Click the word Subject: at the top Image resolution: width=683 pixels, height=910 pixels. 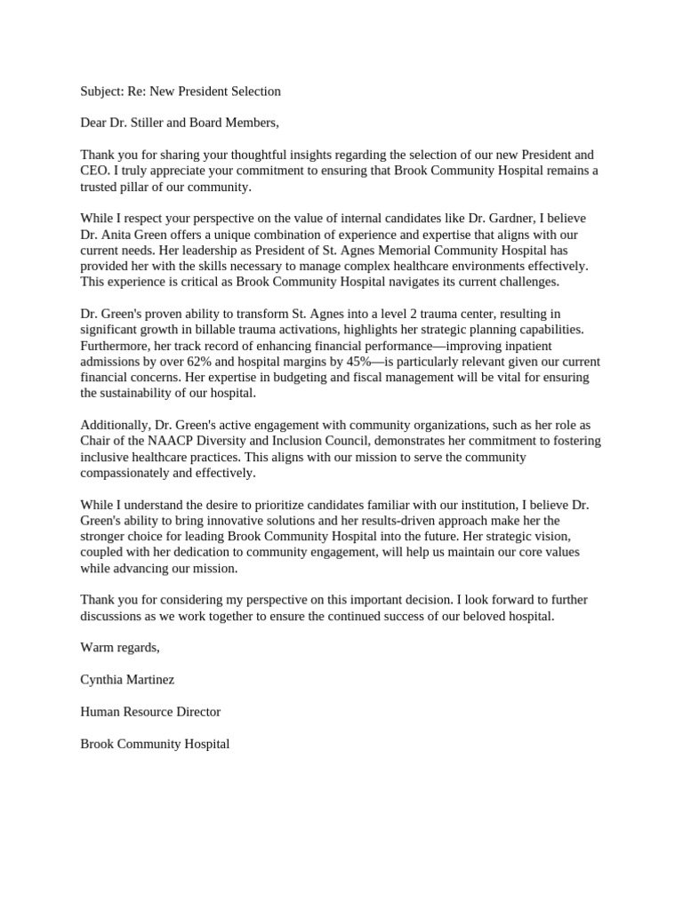pyautogui.click(x=102, y=91)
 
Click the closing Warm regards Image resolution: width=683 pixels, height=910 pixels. pyautogui.click(x=119, y=647)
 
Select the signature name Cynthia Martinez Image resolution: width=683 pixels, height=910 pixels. pyautogui.click(x=127, y=679)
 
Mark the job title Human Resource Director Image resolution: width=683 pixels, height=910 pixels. pyautogui.click(x=149, y=711)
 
